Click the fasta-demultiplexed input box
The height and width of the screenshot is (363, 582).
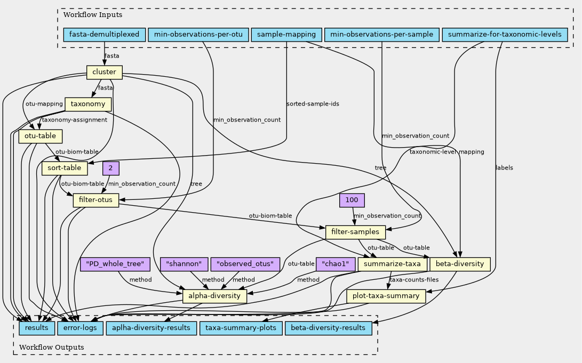click(x=104, y=35)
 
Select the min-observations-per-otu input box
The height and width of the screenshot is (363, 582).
click(x=198, y=35)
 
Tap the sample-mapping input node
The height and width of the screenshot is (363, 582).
click(x=286, y=35)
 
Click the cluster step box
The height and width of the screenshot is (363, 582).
click(x=105, y=72)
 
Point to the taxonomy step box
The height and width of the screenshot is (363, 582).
click(x=88, y=104)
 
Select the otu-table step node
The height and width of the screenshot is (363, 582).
click(x=41, y=136)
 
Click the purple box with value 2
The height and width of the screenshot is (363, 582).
click(x=110, y=168)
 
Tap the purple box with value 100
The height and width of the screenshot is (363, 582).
click(x=352, y=200)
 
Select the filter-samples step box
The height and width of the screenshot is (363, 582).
click(x=355, y=232)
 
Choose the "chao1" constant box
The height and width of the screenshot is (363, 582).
click(x=336, y=264)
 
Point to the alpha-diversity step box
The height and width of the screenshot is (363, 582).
click(x=214, y=296)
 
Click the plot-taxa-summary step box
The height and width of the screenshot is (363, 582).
click(x=386, y=296)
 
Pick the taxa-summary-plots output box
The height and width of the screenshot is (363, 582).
click(x=241, y=327)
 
